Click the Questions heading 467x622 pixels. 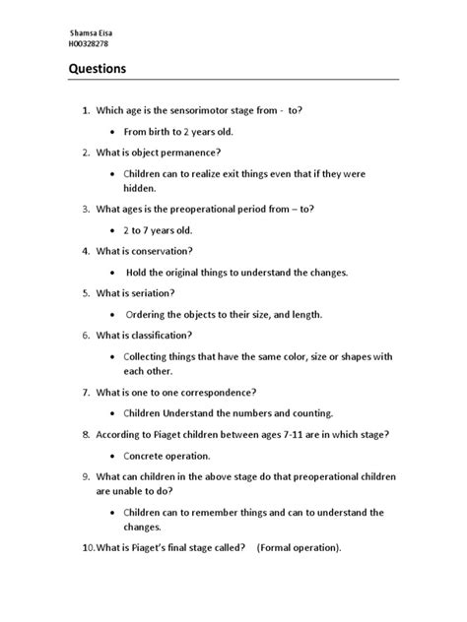coord(98,70)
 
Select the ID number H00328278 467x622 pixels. coord(87,45)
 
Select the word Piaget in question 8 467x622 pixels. coord(164,434)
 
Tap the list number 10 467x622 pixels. coord(78,547)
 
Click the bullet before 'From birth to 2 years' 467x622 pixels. coord(114,131)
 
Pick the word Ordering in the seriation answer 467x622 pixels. coord(150,314)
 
